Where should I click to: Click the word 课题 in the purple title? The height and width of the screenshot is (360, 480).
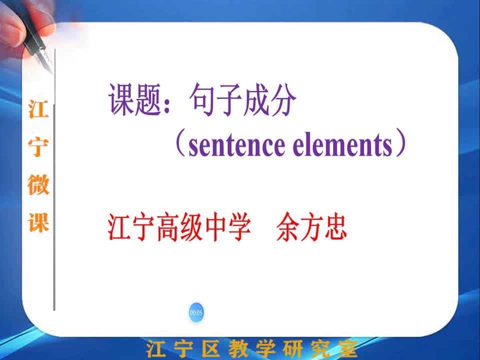coord(135,100)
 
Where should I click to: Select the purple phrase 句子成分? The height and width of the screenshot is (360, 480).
coord(243,100)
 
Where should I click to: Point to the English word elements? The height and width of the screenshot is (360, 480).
coord(342,144)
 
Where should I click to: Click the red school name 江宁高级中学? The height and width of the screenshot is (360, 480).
coord(179,227)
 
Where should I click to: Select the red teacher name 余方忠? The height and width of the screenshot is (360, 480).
coord(311,227)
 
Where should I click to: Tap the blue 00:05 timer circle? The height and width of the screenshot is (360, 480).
coord(196,312)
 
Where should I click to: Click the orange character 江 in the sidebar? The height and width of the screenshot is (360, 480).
coord(38,109)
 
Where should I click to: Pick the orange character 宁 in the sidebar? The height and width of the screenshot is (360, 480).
coord(38,147)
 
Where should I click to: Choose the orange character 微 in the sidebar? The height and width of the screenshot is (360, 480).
coord(38,184)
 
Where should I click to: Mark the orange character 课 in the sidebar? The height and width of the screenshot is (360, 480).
coord(38,222)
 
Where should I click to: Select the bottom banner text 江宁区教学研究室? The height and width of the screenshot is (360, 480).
coord(251,348)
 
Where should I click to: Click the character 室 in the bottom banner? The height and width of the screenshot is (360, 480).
coord(345,348)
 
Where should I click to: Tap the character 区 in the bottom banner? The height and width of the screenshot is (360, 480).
coord(211,348)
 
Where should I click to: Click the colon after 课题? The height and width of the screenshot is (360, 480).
coord(167,106)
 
